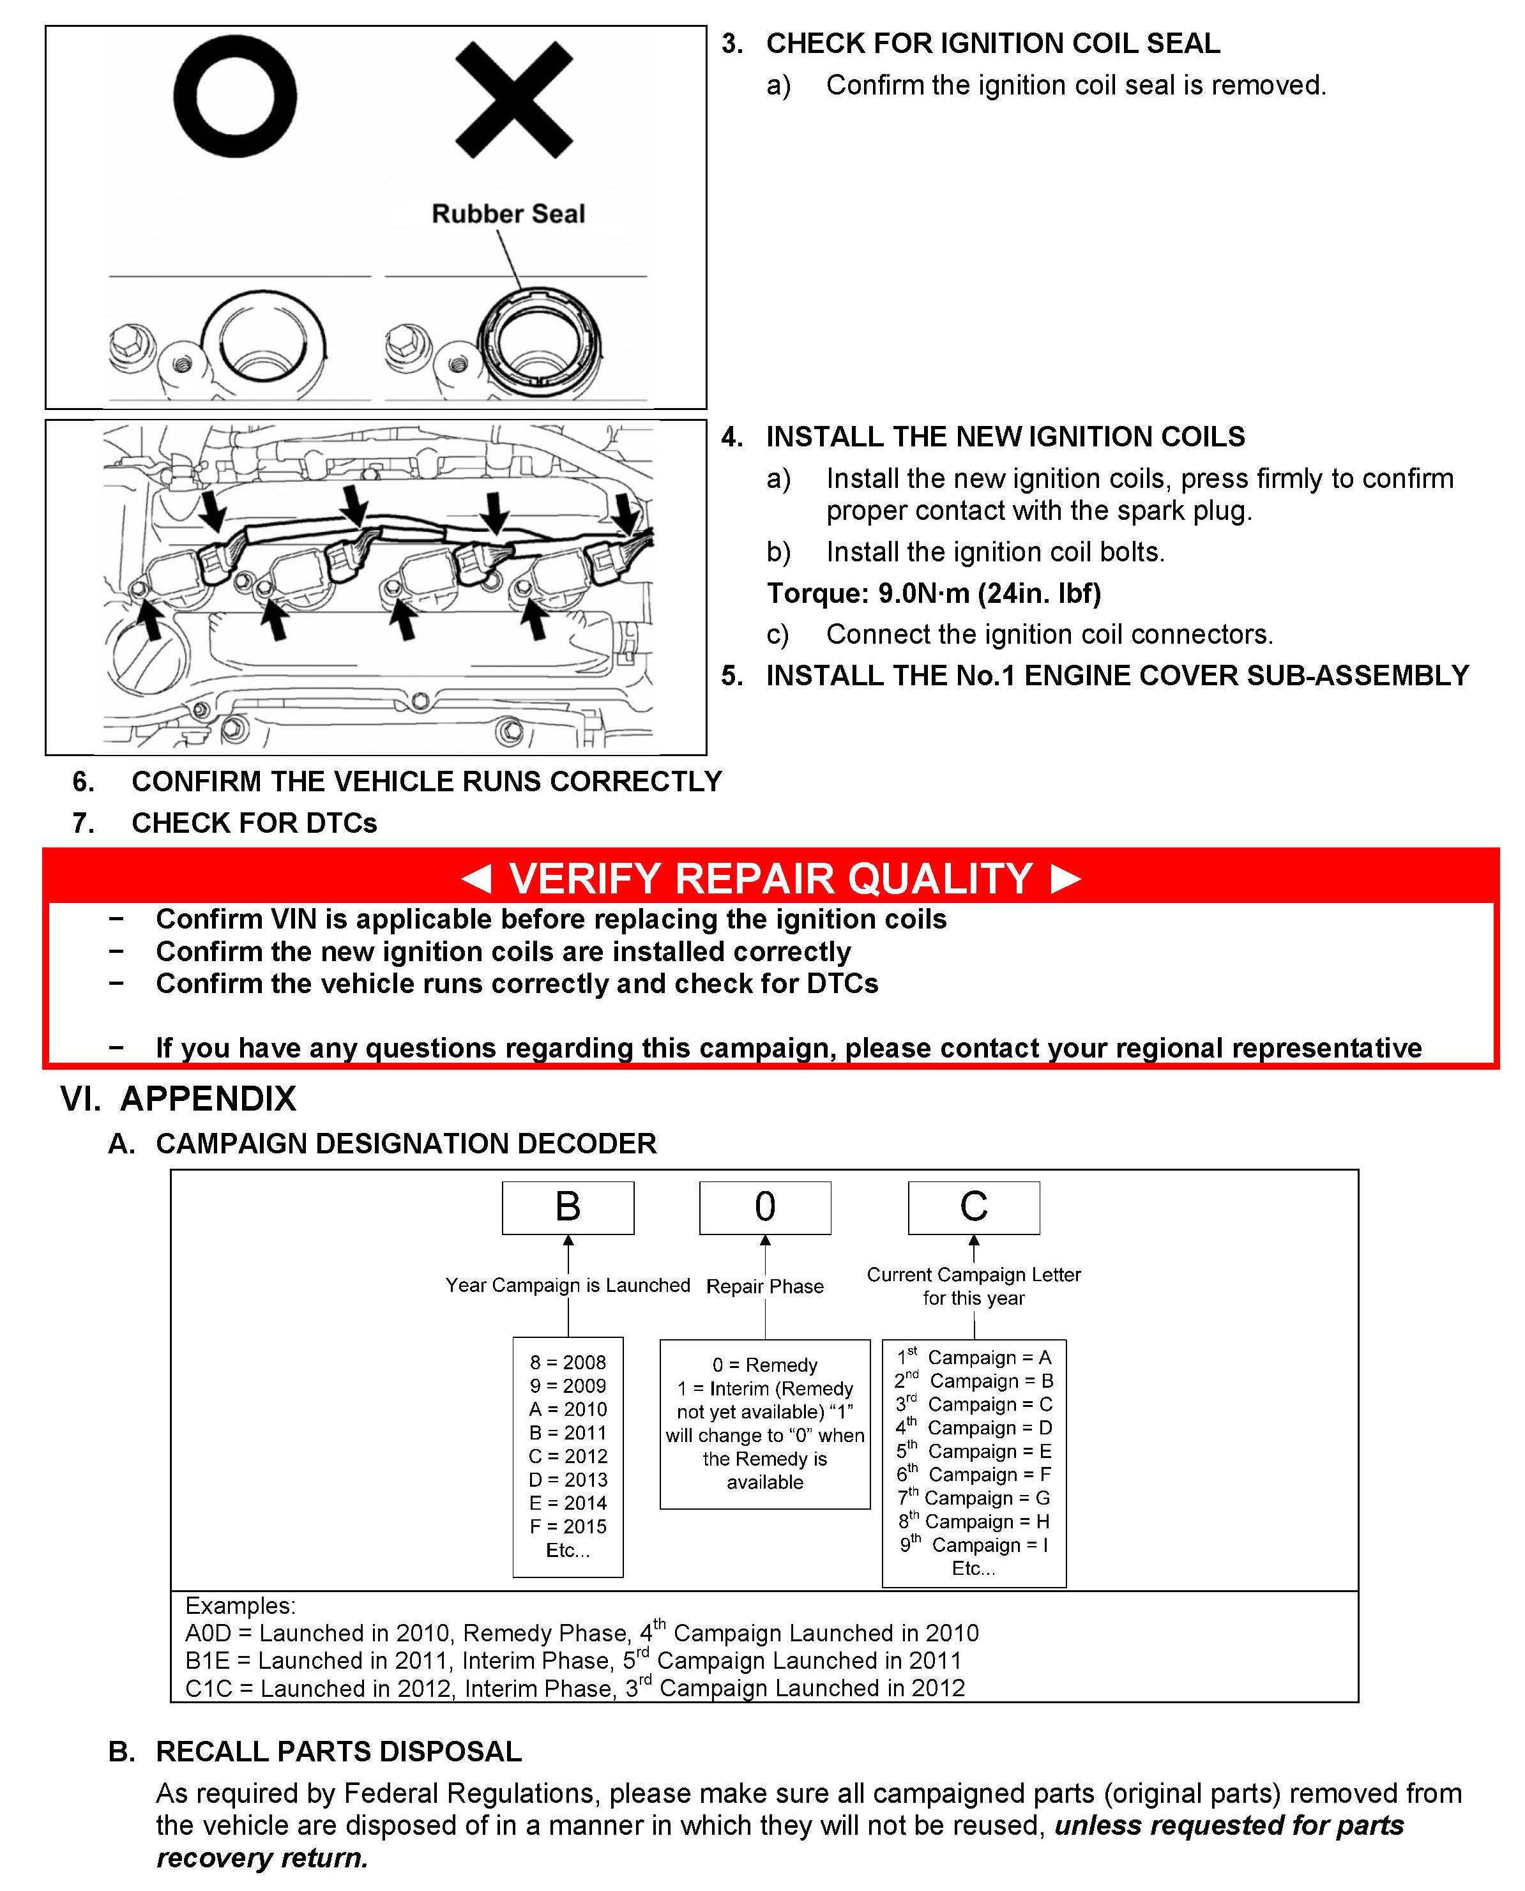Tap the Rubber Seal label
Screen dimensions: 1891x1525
tap(508, 213)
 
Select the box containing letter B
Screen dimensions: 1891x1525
tap(568, 1207)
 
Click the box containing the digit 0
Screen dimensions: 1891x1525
tap(764, 1207)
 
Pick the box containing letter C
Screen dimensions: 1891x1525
tap(973, 1207)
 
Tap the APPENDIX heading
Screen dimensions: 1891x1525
tap(208, 1098)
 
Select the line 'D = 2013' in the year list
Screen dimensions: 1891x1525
tap(568, 1479)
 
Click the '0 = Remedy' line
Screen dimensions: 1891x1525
tap(764, 1365)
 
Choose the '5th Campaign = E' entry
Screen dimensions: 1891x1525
tap(973, 1451)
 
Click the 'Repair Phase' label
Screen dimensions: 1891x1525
tap(764, 1287)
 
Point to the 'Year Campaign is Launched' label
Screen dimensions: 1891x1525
tap(568, 1285)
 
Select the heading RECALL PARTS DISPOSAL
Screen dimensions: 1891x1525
tap(338, 1751)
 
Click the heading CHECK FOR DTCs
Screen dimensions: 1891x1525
tap(254, 823)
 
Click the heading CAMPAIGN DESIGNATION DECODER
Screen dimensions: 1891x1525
tap(406, 1144)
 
